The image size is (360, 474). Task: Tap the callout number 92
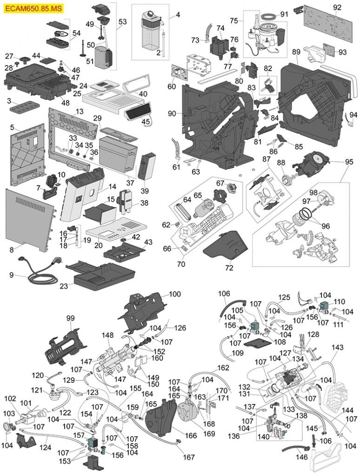pyautogui.click(x=337, y=7)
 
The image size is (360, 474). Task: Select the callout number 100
pyautogui.click(x=174, y=294)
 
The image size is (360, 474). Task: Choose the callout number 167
pyautogui.click(x=188, y=457)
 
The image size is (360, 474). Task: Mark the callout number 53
pyautogui.click(x=122, y=22)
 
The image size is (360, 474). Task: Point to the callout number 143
pyautogui.click(x=337, y=347)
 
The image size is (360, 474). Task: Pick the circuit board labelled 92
pyautogui.click(x=326, y=19)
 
